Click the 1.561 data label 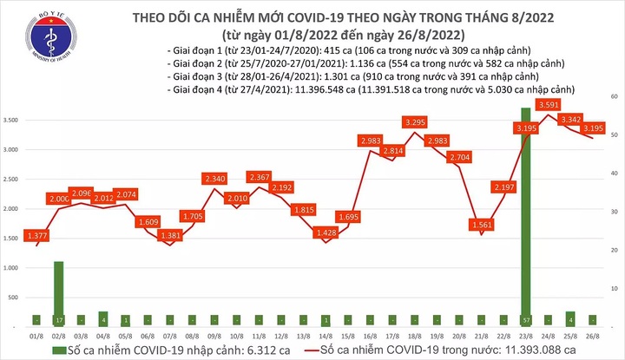[479, 224]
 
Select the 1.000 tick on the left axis [12, 268]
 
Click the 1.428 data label [326, 232]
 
